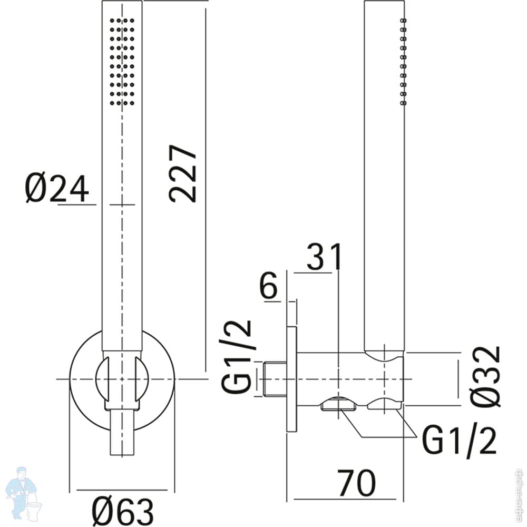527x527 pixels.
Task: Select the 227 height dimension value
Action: click(x=183, y=173)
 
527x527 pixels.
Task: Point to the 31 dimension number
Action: click(x=324, y=257)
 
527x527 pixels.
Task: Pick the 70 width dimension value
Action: click(x=357, y=483)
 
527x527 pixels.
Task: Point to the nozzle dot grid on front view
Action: click(x=122, y=61)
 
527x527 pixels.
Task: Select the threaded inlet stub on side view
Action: click(x=274, y=378)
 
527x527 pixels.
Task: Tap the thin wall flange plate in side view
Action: click(x=291, y=378)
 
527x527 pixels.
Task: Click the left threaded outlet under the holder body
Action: click(x=337, y=404)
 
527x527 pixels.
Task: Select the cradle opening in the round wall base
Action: click(x=122, y=378)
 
